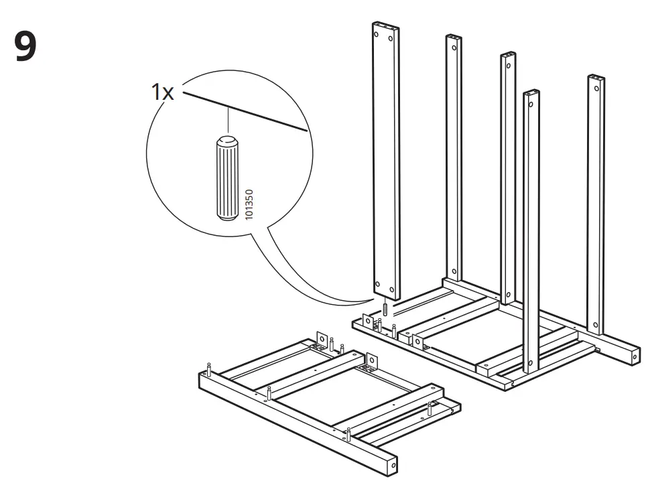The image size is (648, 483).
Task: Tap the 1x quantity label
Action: point(162,92)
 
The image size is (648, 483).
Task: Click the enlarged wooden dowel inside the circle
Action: point(226,178)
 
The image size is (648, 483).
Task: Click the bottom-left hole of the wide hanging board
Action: point(377,285)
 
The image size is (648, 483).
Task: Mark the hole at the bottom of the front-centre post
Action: point(530,363)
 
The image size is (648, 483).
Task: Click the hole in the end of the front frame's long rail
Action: point(393,464)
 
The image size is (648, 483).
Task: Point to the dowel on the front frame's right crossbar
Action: point(429,409)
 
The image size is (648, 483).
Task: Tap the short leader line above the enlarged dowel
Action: point(229,122)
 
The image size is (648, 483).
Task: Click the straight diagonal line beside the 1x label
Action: point(244,113)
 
